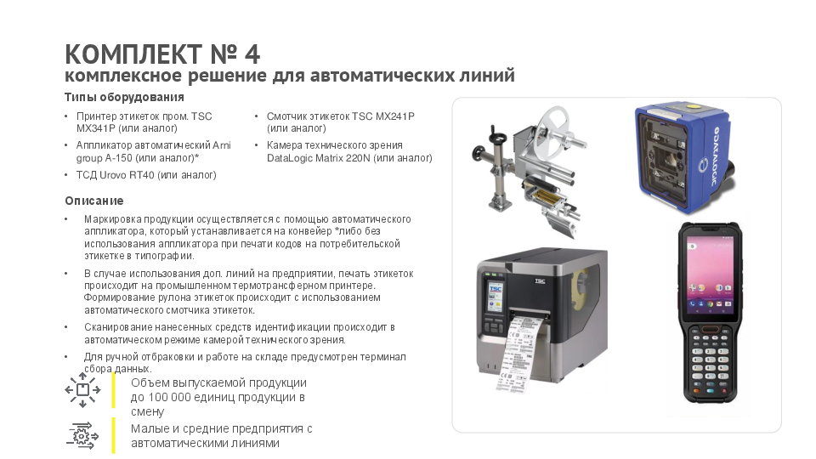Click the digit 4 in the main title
[x=252, y=54]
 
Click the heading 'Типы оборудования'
[x=124, y=97]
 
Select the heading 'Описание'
[x=94, y=201]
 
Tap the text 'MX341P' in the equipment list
[x=97, y=128]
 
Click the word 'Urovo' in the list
[x=112, y=175]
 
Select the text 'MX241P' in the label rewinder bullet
[x=394, y=116]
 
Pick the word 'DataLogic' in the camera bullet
[x=291, y=158]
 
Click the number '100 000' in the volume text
[x=169, y=397]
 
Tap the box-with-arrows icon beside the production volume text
[x=82, y=389]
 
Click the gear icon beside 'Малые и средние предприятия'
[x=82, y=435]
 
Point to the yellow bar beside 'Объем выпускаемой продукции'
[x=113, y=390]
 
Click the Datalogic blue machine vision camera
[x=684, y=157]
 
